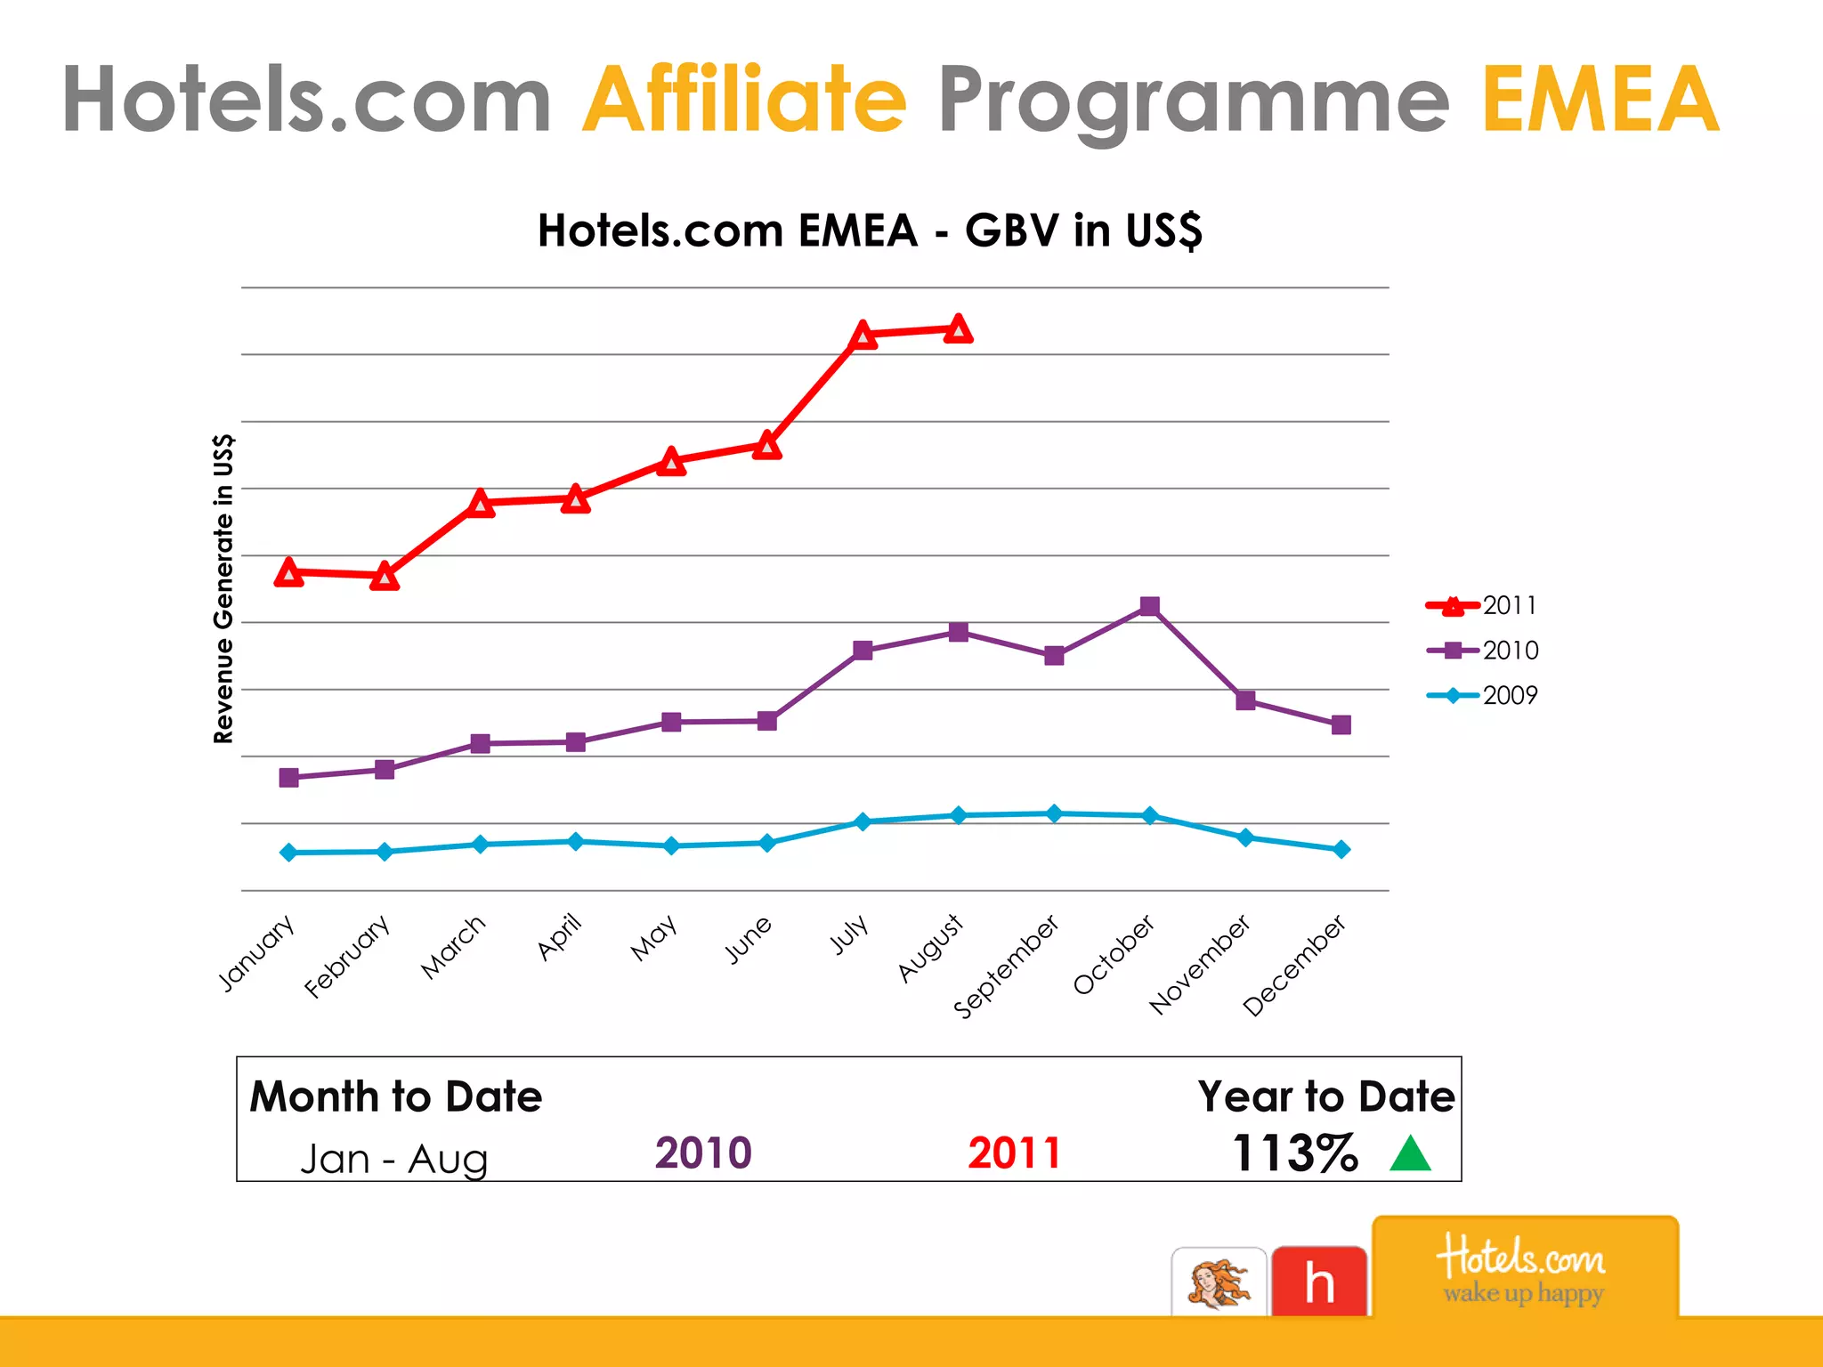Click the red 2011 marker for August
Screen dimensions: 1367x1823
point(958,329)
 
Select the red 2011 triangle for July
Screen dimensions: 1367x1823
point(863,336)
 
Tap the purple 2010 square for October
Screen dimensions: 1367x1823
point(1149,606)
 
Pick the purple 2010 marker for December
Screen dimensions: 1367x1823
point(1341,724)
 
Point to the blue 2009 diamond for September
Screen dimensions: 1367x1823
point(1054,813)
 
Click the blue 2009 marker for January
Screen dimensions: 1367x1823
point(288,853)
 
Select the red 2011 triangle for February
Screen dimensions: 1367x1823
point(385,577)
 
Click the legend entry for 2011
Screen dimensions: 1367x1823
point(1482,606)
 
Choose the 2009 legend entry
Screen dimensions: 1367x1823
point(1482,695)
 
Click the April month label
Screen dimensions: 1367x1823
point(560,936)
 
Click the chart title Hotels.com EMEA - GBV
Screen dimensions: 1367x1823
point(870,231)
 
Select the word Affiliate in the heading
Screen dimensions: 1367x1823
point(744,100)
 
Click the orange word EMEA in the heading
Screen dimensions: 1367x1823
point(1600,100)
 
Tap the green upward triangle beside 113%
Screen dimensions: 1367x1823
point(1409,1154)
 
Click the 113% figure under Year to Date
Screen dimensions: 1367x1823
point(1295,1153)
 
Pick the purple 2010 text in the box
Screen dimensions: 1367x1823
point(703,1153)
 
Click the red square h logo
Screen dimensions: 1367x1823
point(1318,1282)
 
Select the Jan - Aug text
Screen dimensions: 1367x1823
point(394,1159)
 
